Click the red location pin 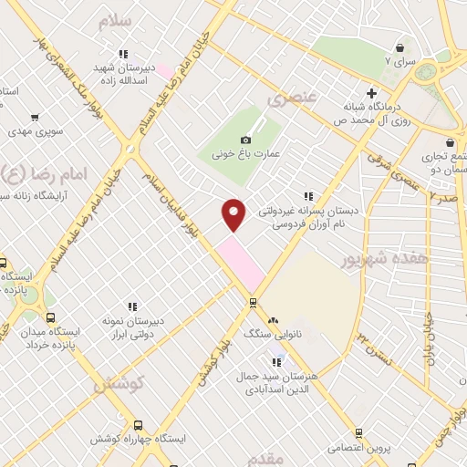tap(233, 213)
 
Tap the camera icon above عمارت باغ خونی tap(244, 140)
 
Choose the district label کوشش tap(119, 385)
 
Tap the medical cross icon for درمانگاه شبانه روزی tap(370, 92)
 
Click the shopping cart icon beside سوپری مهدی tap(35, 118)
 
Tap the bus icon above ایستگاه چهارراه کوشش tap(138, 425)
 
